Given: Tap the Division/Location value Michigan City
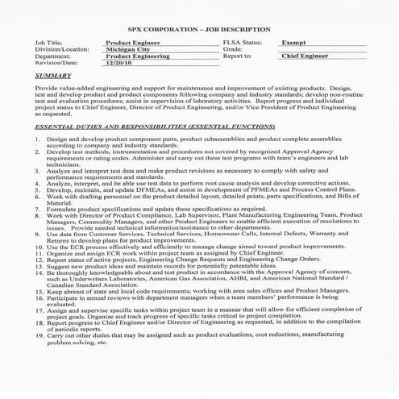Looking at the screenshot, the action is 128,48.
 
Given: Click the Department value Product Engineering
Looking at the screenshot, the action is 138,57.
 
